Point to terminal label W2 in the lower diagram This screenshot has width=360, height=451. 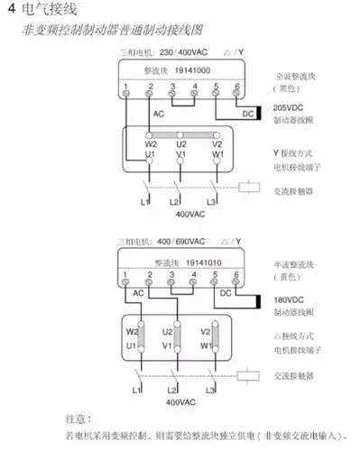(x=132, y=331)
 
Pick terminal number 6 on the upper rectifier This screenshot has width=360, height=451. (x=236, y=87)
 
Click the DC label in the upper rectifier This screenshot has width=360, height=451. (x=247, y=114)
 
